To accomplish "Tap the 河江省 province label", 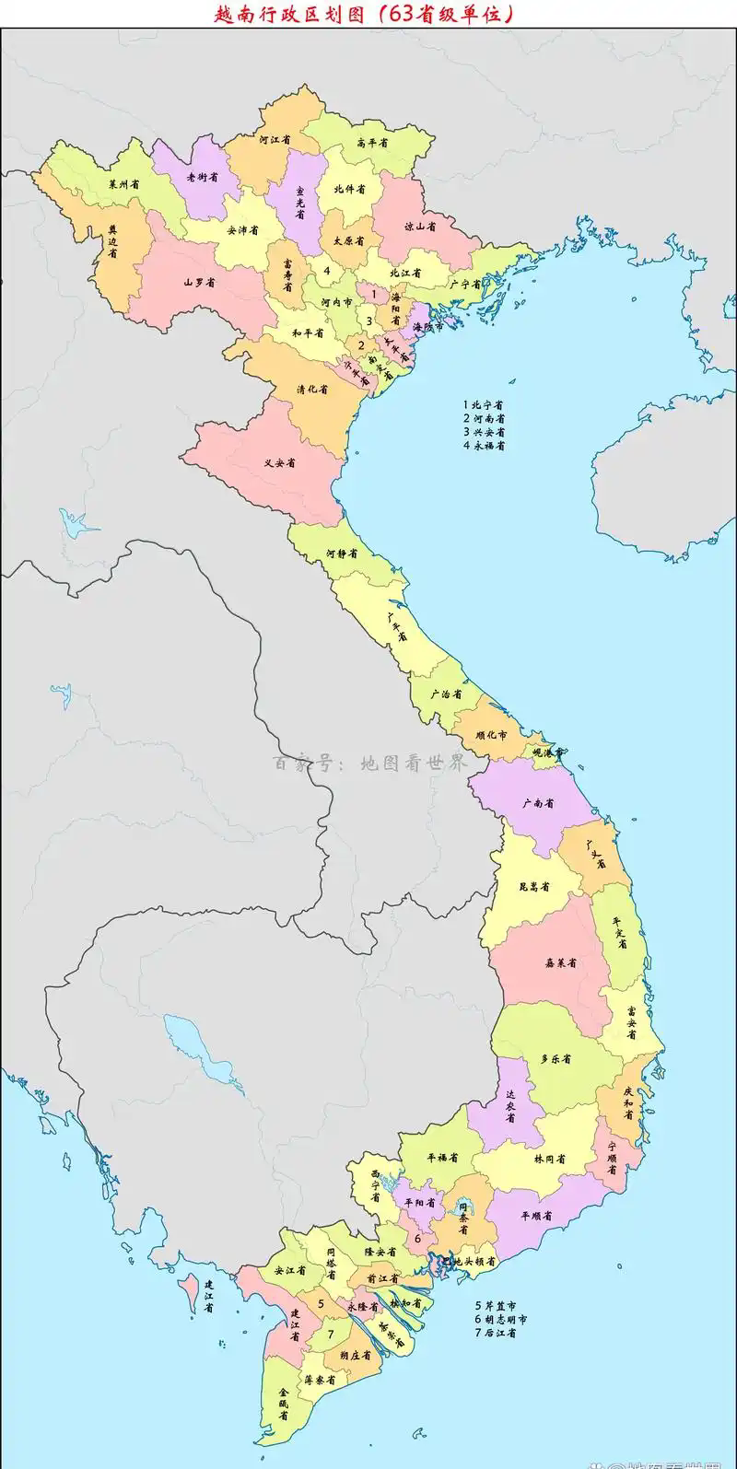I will point(275,139).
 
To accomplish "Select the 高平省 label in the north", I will point(371,144).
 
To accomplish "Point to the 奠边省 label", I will point(112,240).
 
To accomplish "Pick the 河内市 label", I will point(337,301).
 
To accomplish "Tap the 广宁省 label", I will point(467,284).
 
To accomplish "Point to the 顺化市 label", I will point(491,734).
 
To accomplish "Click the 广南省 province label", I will point(537,803).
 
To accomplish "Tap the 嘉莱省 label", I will point(559,962).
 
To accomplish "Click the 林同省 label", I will point(549,1159).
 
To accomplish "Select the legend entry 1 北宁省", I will point(483,404).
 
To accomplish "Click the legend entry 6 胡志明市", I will point(501,1319).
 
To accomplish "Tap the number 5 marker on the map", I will point(321,1302).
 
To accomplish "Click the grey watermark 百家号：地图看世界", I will point(369,763).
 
